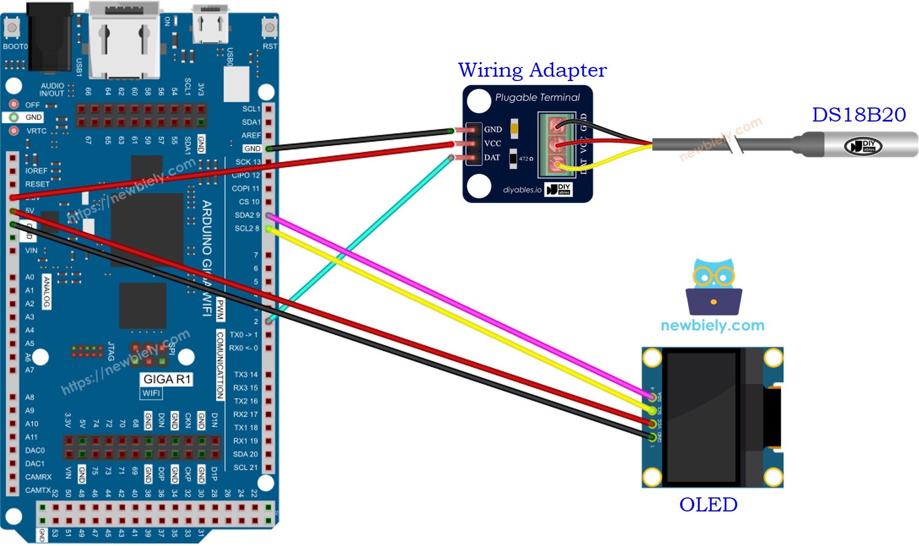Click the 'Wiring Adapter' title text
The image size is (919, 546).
532,70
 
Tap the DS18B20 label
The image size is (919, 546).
858,115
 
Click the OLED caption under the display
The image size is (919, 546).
708,504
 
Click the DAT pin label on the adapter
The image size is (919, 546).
492,158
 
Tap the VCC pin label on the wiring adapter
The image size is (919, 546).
492,144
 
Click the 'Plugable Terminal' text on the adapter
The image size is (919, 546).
537,98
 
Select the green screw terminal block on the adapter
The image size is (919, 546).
557,145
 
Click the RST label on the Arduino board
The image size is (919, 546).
270,46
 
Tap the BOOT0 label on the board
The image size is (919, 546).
15,46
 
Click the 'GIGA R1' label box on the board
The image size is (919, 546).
167,379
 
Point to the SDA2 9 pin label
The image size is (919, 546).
247,215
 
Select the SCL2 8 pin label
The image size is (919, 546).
247,228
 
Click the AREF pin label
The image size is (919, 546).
251,136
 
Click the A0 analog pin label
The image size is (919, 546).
30,277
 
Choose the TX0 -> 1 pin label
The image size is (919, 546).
244,335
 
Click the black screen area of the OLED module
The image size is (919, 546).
701,417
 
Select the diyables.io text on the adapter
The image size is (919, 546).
522,190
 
